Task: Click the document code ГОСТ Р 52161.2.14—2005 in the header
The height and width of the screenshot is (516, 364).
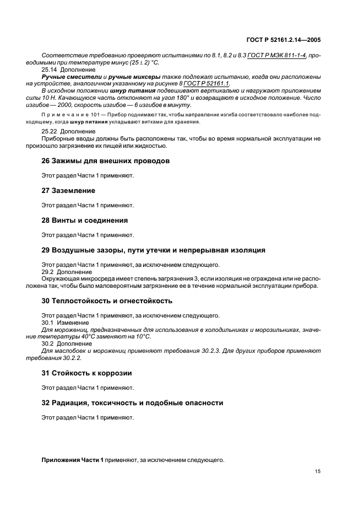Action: (x=284, y=40)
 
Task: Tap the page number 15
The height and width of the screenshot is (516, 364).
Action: (x=318, y=471)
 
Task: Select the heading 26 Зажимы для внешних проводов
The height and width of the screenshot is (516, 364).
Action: (x=105, y=161)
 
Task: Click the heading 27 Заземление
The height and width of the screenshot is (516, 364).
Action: (x=68, y=191)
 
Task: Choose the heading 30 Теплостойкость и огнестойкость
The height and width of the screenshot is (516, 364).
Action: (x=107, y=301)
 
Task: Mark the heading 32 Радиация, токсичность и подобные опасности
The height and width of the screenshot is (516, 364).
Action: (x=132, y=403)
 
